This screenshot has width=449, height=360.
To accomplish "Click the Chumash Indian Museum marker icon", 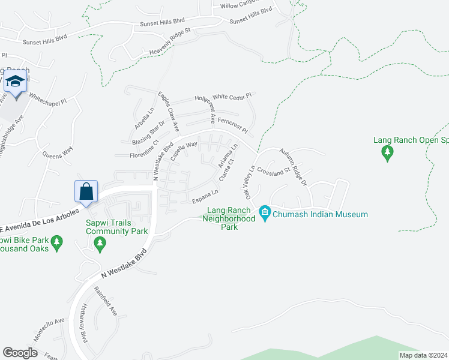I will [x=264, y=212].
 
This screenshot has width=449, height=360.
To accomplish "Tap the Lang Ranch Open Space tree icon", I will [x=388, y=154].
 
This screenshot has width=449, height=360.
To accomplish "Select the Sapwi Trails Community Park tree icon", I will [x=100, y=244].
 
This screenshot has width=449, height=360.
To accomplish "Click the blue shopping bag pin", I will [x=86, y=192].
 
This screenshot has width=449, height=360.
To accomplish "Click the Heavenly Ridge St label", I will [x=169, y=43].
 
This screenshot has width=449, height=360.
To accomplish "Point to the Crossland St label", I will [x=274, y=170].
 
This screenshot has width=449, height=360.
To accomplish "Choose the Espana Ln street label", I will [x=205, y=195].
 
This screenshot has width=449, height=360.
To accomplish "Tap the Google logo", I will [x=20, y=353].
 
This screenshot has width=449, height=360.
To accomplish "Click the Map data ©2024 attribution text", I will [x=423, y=355].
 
